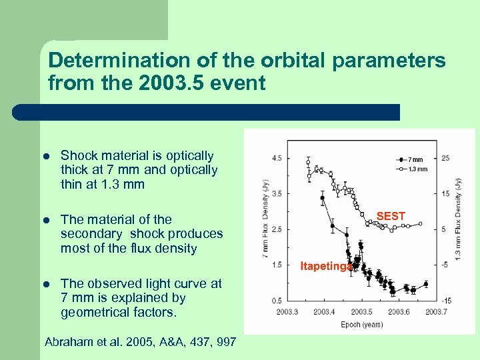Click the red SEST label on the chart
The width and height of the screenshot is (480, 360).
[391, 216]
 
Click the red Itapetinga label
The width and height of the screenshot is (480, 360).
[325, 266]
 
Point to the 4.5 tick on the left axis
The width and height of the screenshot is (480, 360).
[276, 158]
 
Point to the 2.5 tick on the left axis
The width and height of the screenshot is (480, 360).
[276, 229]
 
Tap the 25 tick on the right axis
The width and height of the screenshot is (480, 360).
[445, 158]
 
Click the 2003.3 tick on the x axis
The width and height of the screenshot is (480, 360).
[285, 311]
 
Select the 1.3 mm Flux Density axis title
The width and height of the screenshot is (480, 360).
[459, 220]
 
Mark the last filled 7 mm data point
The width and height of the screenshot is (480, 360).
[426, 284]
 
